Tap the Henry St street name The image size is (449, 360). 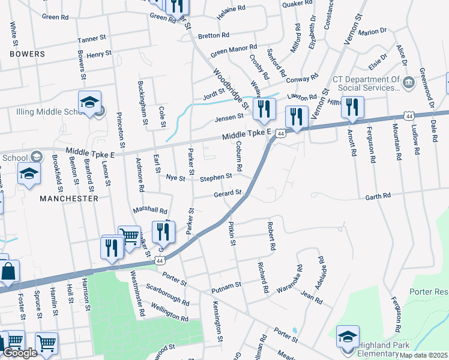click(x=99, y=54)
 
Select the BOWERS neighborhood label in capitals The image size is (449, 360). click(x=27, y=54)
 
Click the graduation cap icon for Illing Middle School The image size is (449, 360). click(x=89, y=103)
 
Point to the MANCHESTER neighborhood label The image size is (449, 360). click(x=69, y=198)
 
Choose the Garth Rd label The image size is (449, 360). click(x=379, y=196)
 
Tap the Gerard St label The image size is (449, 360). click(x=228, y=194)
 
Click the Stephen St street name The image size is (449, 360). click(x=215, y=178)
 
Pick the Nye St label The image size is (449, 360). click(x=176, y=178)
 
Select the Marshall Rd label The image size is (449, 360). click(x=150, y=211)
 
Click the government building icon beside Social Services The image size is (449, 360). click(x=409, y=82)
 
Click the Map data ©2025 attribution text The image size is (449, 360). click(x=423, y=355)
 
